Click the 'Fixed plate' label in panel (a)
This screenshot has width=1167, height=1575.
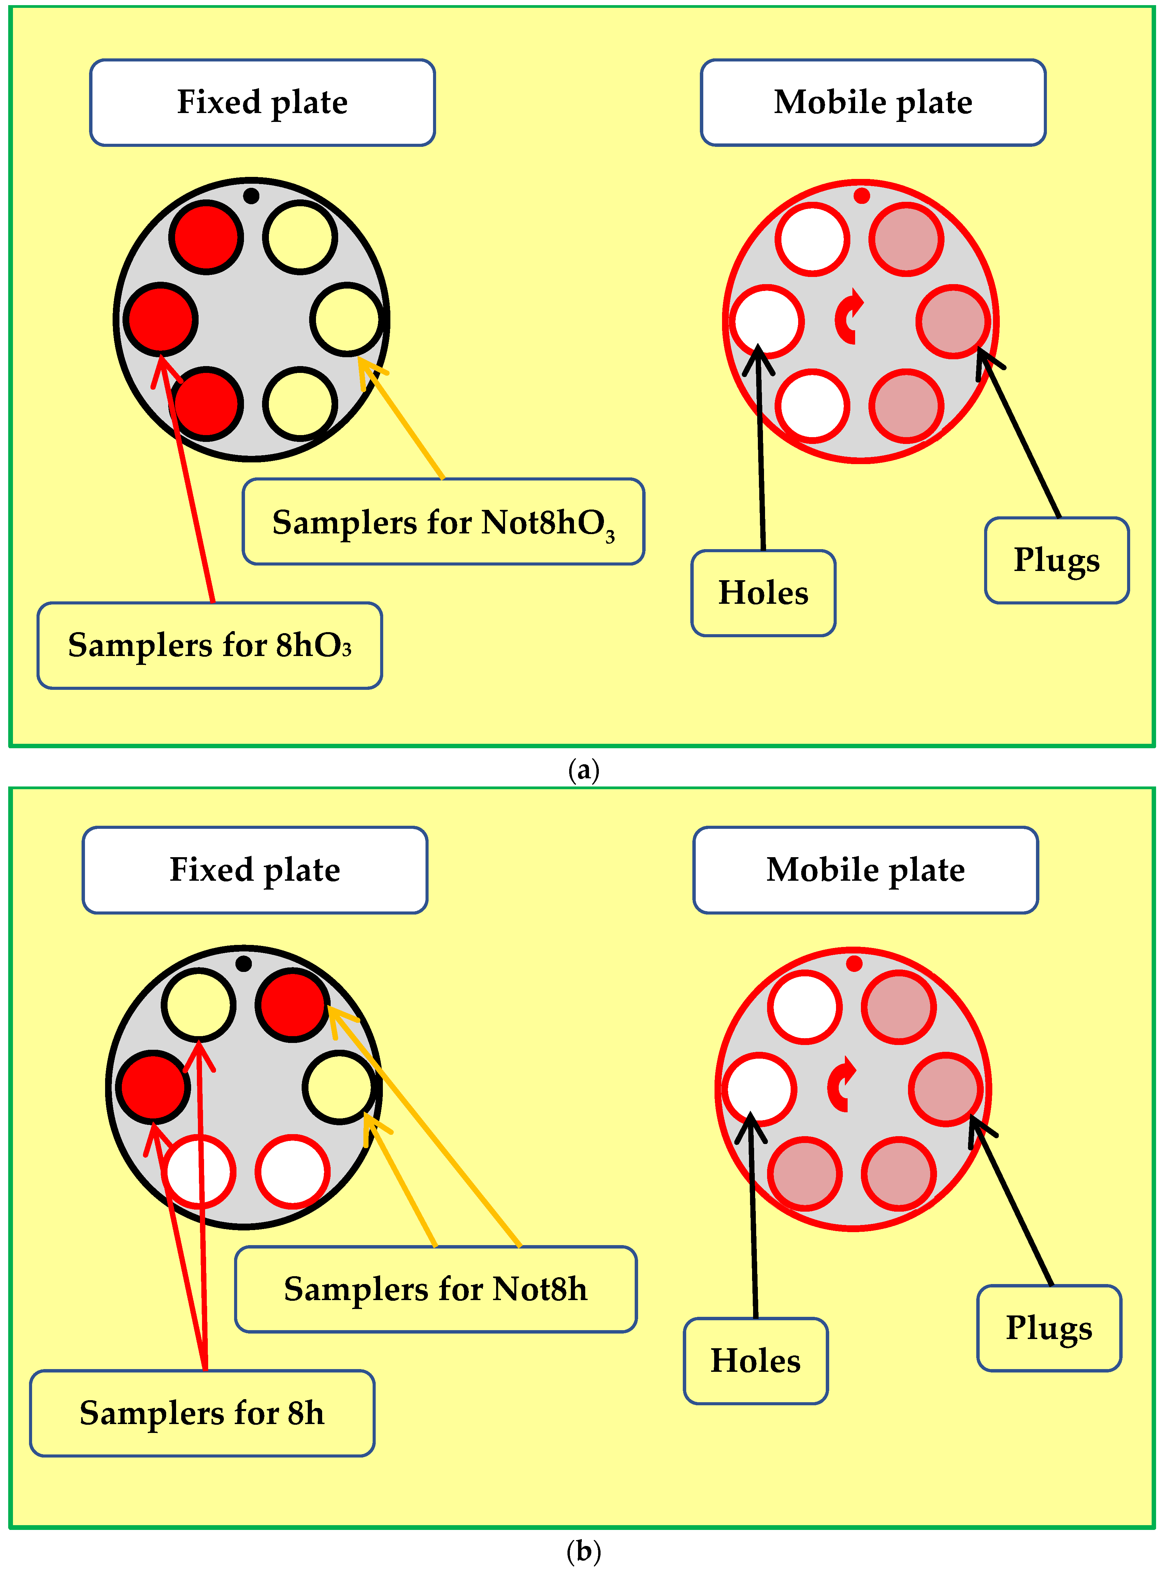pyautogui.click(x=262, y=102)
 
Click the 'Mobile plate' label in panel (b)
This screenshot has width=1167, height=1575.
pyautogui.click(x=865, y=870)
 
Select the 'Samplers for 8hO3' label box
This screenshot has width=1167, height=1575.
pyautogui.click(x=210, y=645)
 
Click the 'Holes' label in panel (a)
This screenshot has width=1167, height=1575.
pyautogui.click(x=763, y=593)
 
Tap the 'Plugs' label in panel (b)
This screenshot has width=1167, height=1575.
pyautogui.click(x=1049, y=1328)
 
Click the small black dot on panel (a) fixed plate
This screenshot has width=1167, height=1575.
pyautogui.click(x=251, y=196)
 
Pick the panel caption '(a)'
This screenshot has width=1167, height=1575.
pyautogui.click(x=583, y=770)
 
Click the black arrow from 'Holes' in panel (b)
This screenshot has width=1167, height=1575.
pyautogui.click(x=753, y=1216)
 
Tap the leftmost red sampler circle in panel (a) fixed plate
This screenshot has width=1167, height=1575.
pyautogui.click(x=160, y=320)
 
